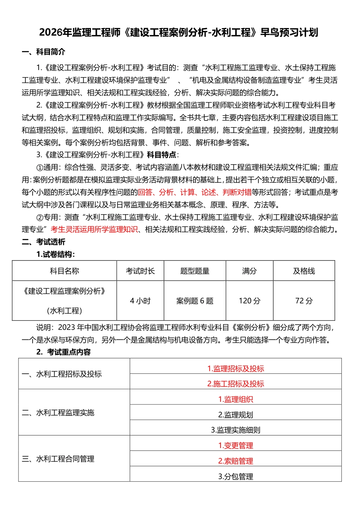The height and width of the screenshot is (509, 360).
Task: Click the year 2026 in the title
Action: click(50, 33)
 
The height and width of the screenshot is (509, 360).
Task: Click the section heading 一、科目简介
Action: click(43, 52)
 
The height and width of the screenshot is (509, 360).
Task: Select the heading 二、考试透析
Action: click(43, 242)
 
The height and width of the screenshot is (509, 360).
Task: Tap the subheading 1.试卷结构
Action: click(55, 254)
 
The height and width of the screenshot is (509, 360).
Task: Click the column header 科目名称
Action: click(64, 271)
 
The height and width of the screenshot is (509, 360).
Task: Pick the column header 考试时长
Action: click(140, 271)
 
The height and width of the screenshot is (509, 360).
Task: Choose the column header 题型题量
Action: click(195, 271)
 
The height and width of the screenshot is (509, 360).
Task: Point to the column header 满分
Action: click(249, 271)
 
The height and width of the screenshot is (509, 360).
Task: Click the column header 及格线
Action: click(304, 271)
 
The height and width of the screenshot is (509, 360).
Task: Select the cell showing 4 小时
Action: click(140, 301)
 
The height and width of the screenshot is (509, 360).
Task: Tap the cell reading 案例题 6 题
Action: click(195, 301)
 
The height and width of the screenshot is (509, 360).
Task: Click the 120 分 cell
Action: click(249, 301)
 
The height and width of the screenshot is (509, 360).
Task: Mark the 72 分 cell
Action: click(304, 301)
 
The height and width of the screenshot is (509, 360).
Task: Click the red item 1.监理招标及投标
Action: click(235, 368)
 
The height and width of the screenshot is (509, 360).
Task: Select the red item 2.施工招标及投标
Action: click(235, 384)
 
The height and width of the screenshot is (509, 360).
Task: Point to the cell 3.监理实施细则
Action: click(235, 430)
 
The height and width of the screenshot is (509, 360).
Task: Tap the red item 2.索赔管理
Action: click(235, 461)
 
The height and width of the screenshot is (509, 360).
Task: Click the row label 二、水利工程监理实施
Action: click(58, 412)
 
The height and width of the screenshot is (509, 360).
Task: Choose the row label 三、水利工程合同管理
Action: click(58, 459)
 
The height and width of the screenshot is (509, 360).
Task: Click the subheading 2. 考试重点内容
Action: click(63, 352)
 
